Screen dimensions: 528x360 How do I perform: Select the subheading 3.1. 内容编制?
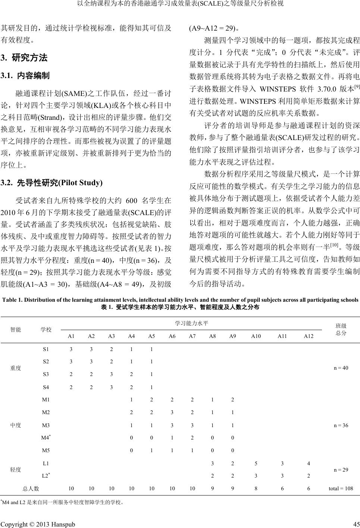(x=25, y=76)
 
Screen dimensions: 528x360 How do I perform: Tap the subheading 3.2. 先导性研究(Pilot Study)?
(x=51, y=183)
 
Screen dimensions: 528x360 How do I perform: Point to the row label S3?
(x=46, y=373)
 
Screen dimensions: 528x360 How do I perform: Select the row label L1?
(x=46, y=463)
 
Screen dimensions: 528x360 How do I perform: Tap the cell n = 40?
(x=341, y=368)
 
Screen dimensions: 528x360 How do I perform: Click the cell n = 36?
(x=341, y=425)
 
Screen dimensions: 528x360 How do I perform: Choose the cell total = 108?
(x=341, y=488)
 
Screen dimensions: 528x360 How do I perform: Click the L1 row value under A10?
(x=256, y=463)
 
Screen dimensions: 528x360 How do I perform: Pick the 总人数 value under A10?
(x=256, y=488)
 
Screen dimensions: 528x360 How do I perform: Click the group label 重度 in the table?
(x=16, y=368)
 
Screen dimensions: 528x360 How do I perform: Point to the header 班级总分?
(x=341, y=329)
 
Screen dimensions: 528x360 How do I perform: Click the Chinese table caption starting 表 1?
(x=180, y=307)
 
